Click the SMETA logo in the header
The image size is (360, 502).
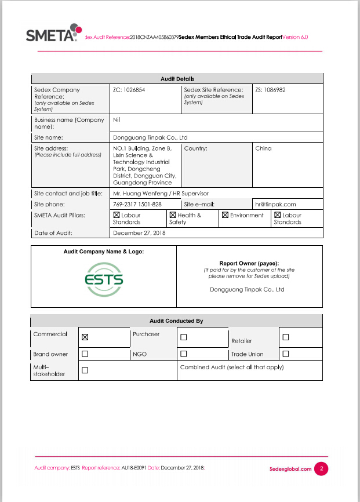(x=53, y=33)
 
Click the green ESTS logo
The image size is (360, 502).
(x=104, y=279)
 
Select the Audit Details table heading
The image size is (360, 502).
(x=177, y=79)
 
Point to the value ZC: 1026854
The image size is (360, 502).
(x=129, y=90)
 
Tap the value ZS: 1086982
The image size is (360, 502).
(x=270, y=90)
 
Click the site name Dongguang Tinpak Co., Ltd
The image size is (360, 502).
(x=150, y=137)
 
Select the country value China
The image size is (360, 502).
(x=263, y=148)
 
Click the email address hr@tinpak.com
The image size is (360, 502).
(x=275, y=204)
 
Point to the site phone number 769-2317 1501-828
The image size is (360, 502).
(x=137, y=204)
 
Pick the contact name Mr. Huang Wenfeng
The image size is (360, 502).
(x=137, y=193)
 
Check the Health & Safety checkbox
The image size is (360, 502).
(x=172, y=215)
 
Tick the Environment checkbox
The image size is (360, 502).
(x=225, y=215)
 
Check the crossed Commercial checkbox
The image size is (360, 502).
(x=85, y=337)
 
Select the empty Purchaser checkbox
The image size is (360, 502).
(x=183, y=337)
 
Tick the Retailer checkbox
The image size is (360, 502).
(x=285, y=337)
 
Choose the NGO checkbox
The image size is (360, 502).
(x=183, y=354)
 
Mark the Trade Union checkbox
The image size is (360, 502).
(x=285, y=354)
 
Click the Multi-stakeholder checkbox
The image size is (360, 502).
(x=85, y=370)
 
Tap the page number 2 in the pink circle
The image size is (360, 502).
(x=321, y=468)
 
